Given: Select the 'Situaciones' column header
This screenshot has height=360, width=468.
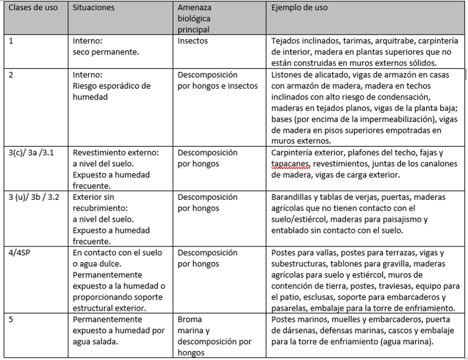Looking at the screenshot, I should (x=94, y=8).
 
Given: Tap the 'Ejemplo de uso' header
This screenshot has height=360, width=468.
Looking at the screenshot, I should (x=299, y=8).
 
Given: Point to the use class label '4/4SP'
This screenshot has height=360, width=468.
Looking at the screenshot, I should (x=20, y=253).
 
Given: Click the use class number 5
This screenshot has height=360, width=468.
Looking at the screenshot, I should (x=11, y=320).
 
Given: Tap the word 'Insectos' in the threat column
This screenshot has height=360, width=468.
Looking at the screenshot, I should (x=193, y=41).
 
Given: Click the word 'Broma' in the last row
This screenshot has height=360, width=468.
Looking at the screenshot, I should (x=189, y=320).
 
